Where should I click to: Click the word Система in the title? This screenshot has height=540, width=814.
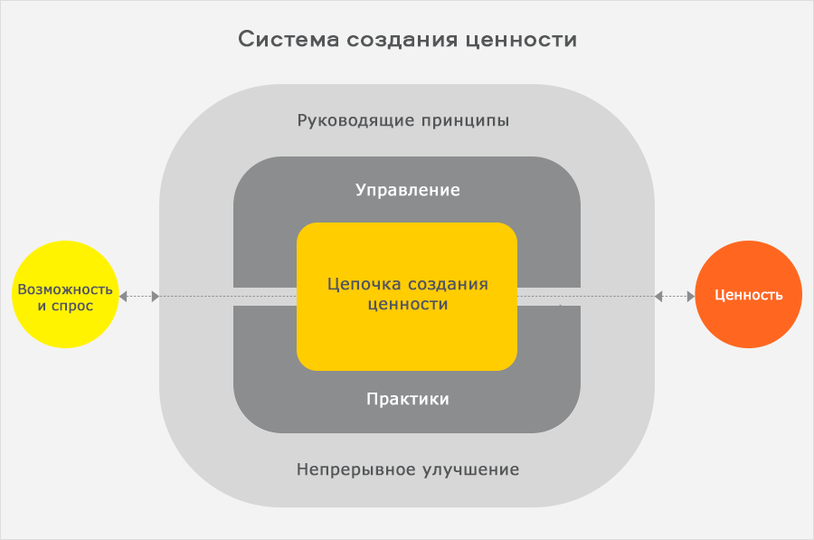[x=281, y=40]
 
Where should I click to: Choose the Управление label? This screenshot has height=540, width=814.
[x=408, y=190]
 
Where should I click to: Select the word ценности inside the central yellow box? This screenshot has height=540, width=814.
[x=408, y=305]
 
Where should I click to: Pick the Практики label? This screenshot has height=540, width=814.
[x=408, y=399]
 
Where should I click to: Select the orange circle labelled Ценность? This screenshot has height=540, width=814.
[x=748, y=295]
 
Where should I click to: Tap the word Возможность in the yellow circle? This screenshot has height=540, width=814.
[x=66, y=290]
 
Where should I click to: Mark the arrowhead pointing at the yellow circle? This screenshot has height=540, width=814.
[x=124, y=296]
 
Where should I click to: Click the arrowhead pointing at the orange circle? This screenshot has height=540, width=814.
[x=690, y=296]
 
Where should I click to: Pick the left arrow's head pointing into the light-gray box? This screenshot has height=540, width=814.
[x=156, y=296]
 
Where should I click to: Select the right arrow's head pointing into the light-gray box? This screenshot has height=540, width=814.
[x=658, y=296]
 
